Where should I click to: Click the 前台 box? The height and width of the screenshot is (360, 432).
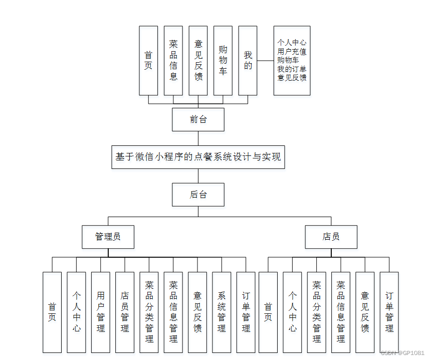198,119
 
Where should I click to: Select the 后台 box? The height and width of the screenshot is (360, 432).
198,195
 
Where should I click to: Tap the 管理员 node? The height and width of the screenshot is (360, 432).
108,237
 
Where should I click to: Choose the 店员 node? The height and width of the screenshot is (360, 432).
331,237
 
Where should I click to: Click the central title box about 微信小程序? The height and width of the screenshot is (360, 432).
198,157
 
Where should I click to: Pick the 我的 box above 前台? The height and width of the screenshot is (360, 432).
248,60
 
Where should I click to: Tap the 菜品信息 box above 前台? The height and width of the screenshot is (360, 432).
173,60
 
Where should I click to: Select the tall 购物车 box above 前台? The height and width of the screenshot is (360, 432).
223,60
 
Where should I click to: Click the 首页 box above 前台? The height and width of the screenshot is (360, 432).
148,60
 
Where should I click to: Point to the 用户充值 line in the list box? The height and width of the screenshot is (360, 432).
292,51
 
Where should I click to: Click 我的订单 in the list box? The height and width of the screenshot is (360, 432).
292,69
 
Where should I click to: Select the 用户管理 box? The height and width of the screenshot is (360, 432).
101,312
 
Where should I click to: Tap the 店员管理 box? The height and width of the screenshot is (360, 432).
125,312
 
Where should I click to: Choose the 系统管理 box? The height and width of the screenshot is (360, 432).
222,312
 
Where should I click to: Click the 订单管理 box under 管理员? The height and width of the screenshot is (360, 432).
246,312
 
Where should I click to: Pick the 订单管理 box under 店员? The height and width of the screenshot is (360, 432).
389,312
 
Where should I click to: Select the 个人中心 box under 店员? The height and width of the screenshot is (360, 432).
292,312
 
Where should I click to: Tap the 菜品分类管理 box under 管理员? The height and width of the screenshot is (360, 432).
149,312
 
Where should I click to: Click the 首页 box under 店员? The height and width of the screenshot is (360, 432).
268,312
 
